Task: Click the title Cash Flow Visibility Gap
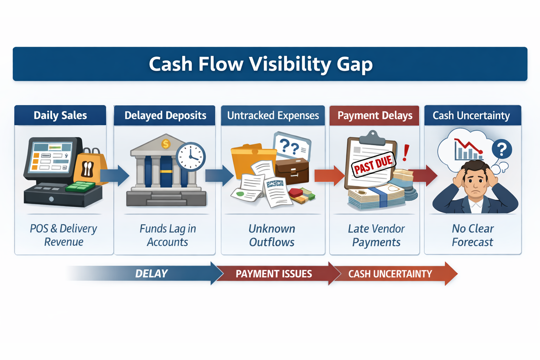pyautogui.click(x=261, y=64)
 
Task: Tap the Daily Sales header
pyautogui.click(x=60, y=115)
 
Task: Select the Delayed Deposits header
pyautogui.click(x=165, y=115)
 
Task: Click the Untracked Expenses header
pyautogui.click(x=273, y=115)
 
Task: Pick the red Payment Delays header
pyautogui.click(x=375, y=115)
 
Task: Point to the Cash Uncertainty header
pyautogui.click(x=471, y=115)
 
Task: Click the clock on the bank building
pyautogui.click(x=190, y=156)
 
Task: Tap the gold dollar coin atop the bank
pyautogui.click(x=166, y=143)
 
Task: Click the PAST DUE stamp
pyautogui.click(x=373, y=165)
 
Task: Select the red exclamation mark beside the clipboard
pyautogui.click(x=406, y=153)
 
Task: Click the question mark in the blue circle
pyautogui.click(x=502, y=149)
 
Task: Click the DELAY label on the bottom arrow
pyautogui.click(x=151, y=274)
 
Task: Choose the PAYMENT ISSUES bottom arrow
pyautogui.click(x=274, y=274)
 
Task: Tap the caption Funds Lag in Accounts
pyautogui.click(x=167, y=235)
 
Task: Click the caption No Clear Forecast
pyautogui.click(x=472, y=235)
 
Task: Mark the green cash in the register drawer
pyautogui.click(x=81, y=187)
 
